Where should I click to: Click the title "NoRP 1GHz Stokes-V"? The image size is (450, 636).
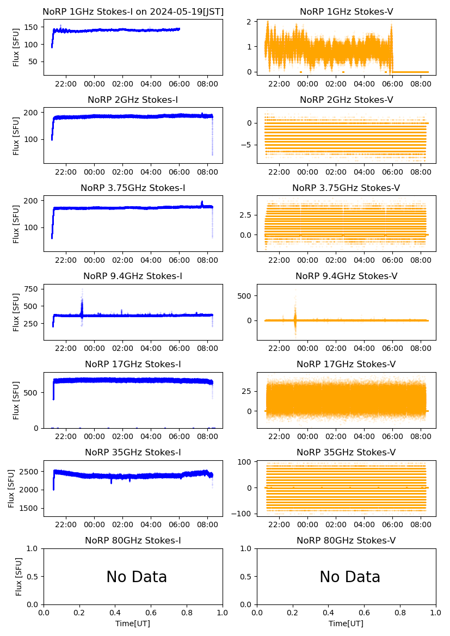click(346, 12)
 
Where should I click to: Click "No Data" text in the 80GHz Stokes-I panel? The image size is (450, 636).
click(137, 577)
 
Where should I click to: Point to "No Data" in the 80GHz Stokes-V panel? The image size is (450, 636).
click(350, 577)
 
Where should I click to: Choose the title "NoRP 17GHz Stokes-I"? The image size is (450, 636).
click(133, 364)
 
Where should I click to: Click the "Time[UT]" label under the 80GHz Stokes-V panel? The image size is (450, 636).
click(346, 623)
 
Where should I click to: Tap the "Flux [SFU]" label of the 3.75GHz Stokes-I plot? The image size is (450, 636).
click(16, 223)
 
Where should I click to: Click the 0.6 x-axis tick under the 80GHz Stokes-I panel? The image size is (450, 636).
click(151, 613)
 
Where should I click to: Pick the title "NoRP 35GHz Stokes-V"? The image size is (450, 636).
click(346, 453)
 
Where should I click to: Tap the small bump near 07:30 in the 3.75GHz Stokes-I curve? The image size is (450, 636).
click(202, 203)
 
